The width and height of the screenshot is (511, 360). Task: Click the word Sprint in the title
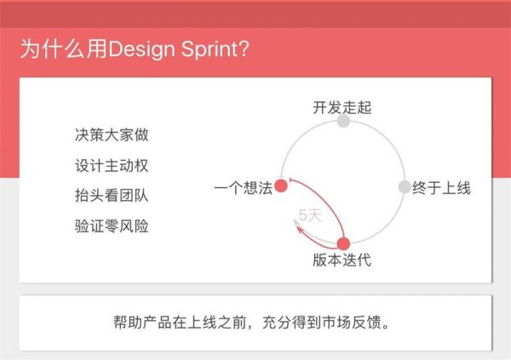(x=211, y=49)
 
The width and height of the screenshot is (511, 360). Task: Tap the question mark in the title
(x=244, y=49)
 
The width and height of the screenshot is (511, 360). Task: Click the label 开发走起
(x=342, y=107)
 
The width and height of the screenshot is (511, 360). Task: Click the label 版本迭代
(x=342, y=260)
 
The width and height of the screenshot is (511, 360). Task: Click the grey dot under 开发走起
(x=343, y=122)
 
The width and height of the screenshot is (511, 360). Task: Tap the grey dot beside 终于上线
(x=405, y=187)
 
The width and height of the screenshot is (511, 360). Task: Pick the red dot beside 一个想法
(x=281, y=187)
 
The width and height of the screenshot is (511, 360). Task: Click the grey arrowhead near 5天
(x=297, y=223)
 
